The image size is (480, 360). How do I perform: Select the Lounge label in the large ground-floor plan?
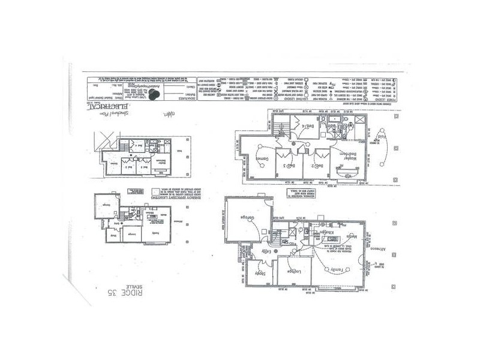click(x=293, y=271)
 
